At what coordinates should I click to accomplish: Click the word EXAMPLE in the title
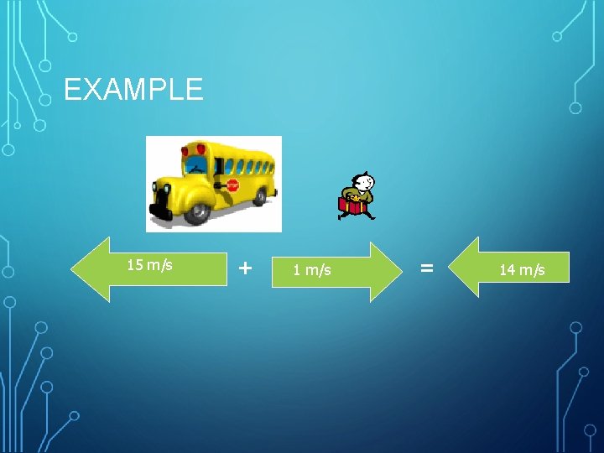[133, 89]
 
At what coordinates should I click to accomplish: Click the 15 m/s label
[149, 265]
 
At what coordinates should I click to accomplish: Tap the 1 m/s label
[311, 269]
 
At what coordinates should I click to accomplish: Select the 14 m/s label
[522, 269]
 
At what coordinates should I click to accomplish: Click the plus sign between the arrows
[244, 268]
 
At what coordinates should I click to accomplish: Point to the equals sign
[427, 268]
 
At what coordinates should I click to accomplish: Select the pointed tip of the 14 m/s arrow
[451, 268]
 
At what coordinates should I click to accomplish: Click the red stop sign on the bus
[232, 185]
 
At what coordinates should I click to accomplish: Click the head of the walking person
[363, 181]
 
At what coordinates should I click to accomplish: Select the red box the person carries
[351, 204]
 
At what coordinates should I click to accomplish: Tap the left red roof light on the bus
[185, 151]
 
